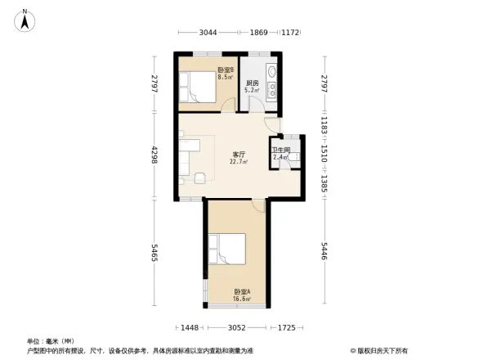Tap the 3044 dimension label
[208, 33]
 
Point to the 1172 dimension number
[290, 33]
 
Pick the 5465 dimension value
[153, 253]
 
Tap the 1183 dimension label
[325, 128]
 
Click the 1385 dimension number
[325, 178]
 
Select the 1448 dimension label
[190, 327]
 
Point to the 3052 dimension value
[236, 327]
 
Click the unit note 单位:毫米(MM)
[51, 340]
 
